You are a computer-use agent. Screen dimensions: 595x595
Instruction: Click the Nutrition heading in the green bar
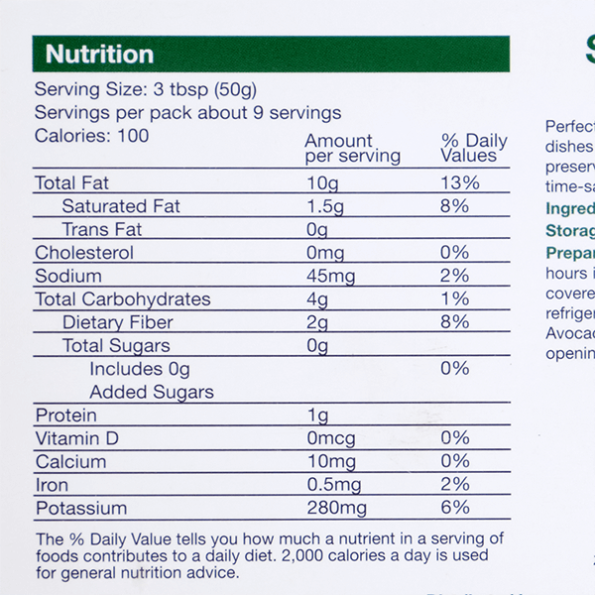click(99, 55)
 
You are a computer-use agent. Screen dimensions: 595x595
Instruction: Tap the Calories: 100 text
click(91, 136)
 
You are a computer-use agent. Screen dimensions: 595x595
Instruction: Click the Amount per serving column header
click(352, 149)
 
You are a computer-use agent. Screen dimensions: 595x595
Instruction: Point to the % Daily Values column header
click(474, 149)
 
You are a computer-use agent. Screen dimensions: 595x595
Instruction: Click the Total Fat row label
click(72, 183)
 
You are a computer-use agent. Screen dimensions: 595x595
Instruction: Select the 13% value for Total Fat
click(460, 183)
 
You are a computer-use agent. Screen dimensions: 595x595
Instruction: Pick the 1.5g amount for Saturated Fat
click(325, 206)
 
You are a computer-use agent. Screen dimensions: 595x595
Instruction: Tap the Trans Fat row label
click(101, 230)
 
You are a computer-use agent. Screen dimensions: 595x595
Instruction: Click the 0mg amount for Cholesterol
click(325, 253)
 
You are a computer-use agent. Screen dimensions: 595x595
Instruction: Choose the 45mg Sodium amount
click(329, 276)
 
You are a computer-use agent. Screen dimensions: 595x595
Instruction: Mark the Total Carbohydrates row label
click(123, 299)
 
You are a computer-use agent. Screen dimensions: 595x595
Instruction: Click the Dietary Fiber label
click(117, 322)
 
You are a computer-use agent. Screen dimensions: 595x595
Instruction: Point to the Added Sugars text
click(152, 392)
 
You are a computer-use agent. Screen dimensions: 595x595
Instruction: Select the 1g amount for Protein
click(316, 416)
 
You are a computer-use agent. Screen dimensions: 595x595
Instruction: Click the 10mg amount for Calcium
click(329, 462)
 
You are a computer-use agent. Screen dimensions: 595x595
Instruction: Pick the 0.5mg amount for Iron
click(333, 485)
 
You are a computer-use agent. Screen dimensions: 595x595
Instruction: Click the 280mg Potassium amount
click(336, 509)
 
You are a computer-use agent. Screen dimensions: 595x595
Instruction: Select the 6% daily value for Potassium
click(455, 509)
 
